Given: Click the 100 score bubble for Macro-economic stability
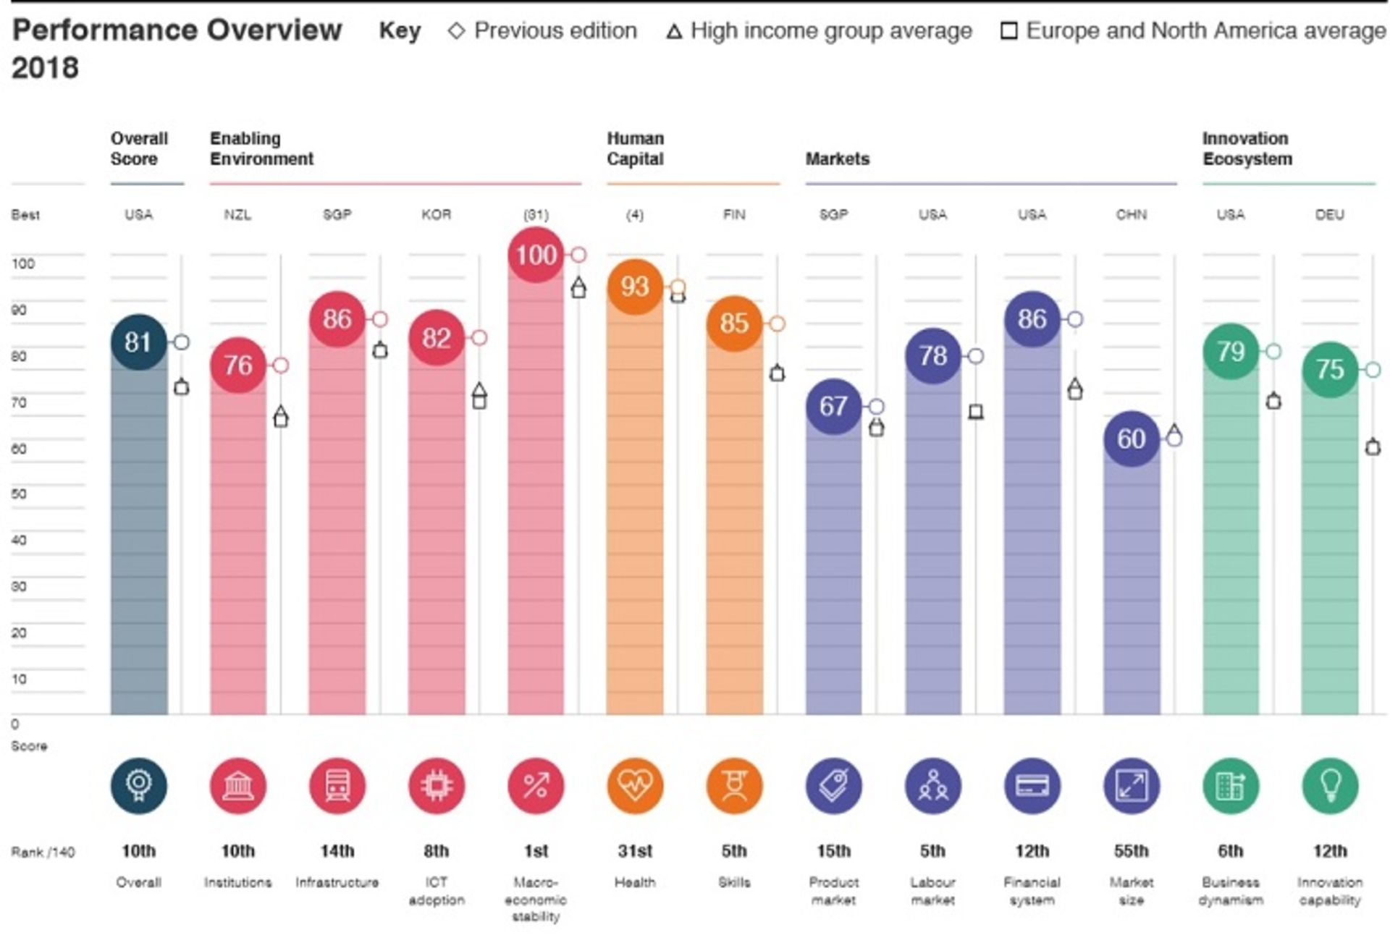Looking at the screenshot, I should (x=536, y=255).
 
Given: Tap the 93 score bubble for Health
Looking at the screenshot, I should (x=635, y=287).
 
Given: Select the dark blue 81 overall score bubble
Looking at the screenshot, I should (x=138, y=342).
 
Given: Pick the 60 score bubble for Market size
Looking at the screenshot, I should (x=1131, y=439).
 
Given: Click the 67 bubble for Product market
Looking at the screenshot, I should (x=833, y=406).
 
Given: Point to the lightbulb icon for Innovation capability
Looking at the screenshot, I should (x=1329, y=786).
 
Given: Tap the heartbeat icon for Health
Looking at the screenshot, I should (x=635, y=786).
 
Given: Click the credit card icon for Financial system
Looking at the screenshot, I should (x=1032, y=786).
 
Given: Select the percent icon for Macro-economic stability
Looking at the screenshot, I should (x=536, y=786).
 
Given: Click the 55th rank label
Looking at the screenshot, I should (x=1131, y=851).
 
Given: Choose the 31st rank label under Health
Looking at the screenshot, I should (x=635, y=851).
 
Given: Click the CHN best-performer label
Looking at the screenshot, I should (x=1131, y=215).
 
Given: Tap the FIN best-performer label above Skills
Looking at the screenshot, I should (x=734, y=215).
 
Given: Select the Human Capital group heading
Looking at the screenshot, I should (x=635, y=148).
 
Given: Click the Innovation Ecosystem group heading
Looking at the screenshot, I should (x=1247, y=148).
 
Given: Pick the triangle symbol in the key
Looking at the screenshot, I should (x=674, y=32).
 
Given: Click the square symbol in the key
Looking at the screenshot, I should (x=1008, y=31).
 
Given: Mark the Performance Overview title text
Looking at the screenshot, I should (x=177, y=30).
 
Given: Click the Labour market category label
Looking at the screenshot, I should (x=932, y=891).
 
